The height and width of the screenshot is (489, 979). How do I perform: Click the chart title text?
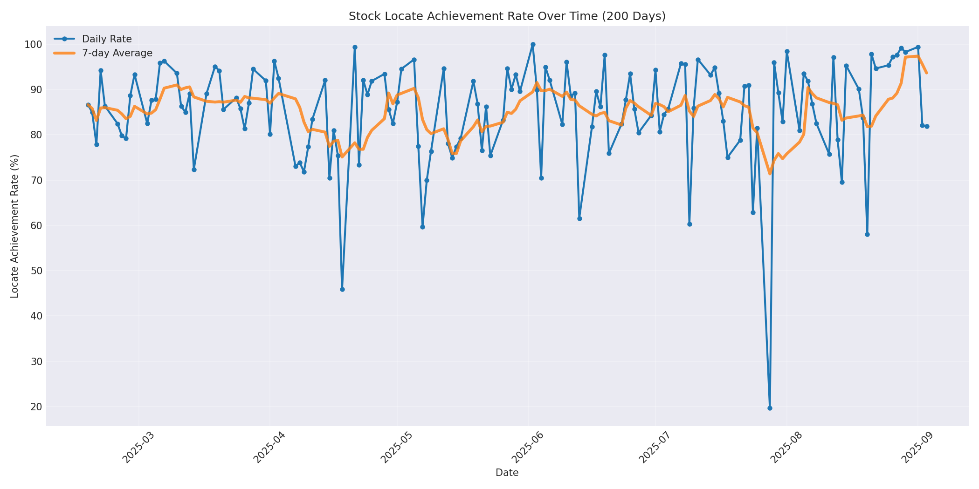point(507,16)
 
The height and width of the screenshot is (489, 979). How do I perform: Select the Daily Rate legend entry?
point(107,39)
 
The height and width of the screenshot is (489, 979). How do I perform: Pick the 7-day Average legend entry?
point(117,53)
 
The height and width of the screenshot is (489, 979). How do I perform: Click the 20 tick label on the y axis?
point(36,407)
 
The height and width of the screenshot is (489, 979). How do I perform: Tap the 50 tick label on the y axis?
point(36,271)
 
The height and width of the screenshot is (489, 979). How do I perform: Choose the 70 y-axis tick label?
point(36,181)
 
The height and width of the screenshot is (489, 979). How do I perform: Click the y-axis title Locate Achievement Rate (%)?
point(15,226)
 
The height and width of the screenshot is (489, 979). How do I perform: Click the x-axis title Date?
point(507,473)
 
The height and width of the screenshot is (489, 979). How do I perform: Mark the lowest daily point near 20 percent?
point(770,408)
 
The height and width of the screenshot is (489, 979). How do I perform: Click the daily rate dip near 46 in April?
point(342,289)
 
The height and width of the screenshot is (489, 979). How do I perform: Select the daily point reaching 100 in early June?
point(533,45)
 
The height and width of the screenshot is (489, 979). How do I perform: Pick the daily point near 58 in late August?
point(867,234)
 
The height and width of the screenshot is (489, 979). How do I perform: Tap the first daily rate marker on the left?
point(88,105)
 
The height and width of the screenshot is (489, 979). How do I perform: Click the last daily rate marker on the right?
point(927,126)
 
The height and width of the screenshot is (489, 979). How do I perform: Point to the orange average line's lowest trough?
point(770,174)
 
